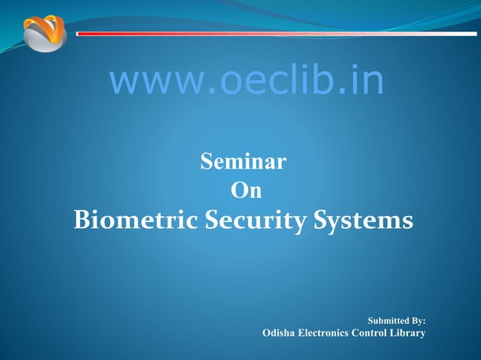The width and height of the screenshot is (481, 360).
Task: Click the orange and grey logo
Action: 44,33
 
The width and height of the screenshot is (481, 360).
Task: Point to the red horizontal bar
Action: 271,33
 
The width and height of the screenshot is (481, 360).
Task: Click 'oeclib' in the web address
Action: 271,81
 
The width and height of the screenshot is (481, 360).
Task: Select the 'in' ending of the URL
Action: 366,81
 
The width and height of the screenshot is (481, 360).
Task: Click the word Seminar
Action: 243,161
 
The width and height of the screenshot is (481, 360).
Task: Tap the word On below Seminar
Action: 246,191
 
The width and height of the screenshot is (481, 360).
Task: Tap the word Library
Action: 409,333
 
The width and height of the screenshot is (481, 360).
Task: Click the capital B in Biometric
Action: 82,221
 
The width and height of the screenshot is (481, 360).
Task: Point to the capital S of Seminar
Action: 206,161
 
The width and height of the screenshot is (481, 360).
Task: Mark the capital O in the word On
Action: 237,191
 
